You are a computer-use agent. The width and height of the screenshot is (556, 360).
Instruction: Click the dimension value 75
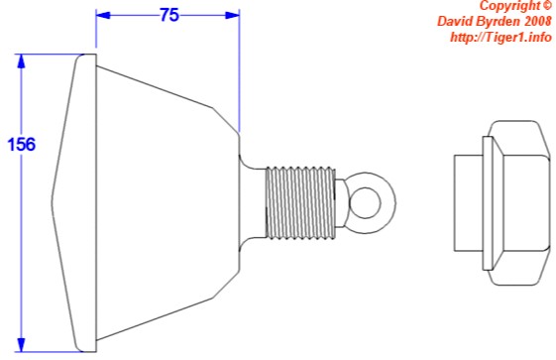(x=169, y=15)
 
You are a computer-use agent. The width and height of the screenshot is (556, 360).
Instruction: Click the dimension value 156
(x=22, y=145)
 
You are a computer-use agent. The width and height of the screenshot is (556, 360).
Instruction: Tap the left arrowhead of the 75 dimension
(x=103, y=15)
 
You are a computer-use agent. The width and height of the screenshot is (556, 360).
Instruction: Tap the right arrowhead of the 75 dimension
(x=232, y=15)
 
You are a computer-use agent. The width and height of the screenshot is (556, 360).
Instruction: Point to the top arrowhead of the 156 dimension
(x=22, y=61)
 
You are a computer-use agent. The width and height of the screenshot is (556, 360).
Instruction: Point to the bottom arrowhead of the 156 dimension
(x=22, y=345)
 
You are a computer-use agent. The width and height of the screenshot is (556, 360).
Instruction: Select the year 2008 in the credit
(x=538, y=21)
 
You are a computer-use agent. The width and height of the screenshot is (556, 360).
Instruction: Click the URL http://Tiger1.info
(x=500, y=37)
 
